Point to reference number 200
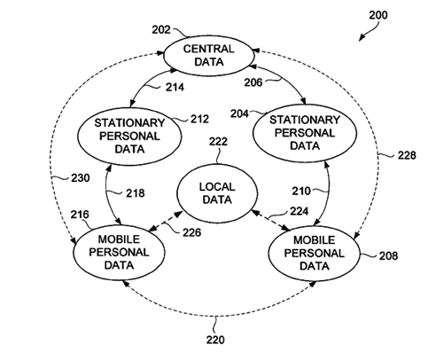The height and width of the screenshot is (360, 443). tap(378, 15)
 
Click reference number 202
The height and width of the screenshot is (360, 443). tap(161, 30)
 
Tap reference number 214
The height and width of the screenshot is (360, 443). tap(175, 87)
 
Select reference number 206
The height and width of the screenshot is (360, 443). tap(253, 82)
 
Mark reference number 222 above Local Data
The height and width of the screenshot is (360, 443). tap(218, 142)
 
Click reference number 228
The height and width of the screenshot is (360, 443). tap(407, 155)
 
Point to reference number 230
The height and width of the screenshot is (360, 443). tap(81, 178)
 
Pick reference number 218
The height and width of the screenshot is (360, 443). tap(136, 193)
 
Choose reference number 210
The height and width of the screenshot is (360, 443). tap(301, 191)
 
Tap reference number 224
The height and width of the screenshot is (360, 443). tap(299, 211)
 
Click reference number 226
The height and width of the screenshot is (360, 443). tap(191, 232)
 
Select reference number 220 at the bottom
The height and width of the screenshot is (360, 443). tap(215, 340)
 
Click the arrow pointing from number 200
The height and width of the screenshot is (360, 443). tap(369, 32)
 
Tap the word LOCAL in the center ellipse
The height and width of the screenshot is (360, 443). tap(217, 187)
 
